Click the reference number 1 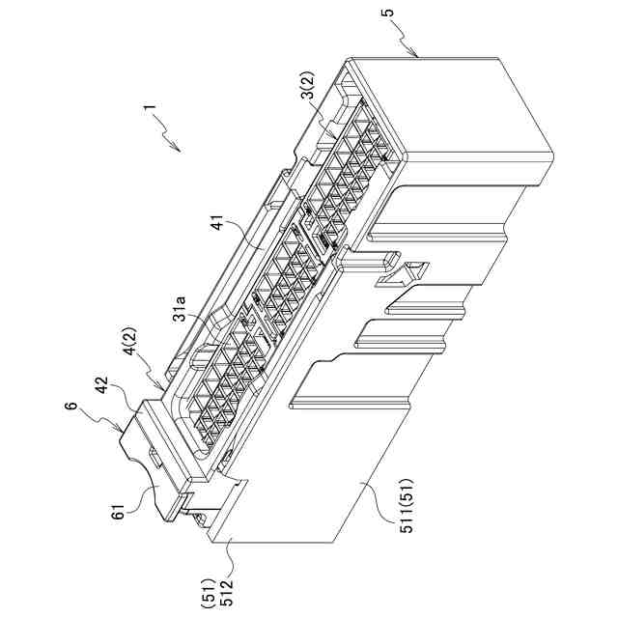tap(148, 113)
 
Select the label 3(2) tap(306, 98)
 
